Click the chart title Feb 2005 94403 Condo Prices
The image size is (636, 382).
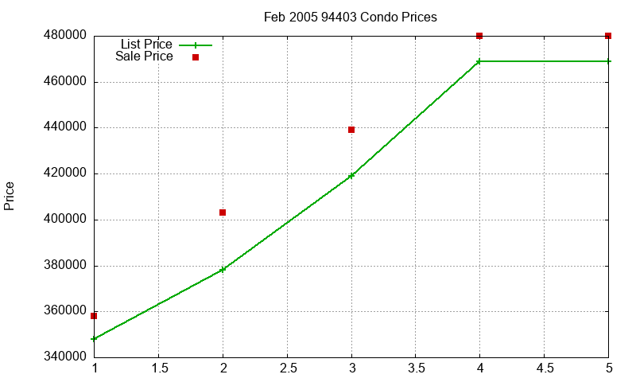click(x=350, y=17)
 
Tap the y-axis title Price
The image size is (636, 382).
click(x=9, y=196)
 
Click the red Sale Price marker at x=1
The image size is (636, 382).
click(x=94, y=316)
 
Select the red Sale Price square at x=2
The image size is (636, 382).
click(x=223, y=212)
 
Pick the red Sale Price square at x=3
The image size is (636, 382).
click(x=351, y=130)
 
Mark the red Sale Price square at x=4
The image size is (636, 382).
click(x=479, y=36)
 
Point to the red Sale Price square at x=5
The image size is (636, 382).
click(x=607, y=36)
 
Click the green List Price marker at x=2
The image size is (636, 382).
click(x=223, y=269)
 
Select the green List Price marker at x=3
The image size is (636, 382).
click(x=351, y=175)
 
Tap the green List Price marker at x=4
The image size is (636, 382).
click(x=479, y=61)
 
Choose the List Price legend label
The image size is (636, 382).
click(x=146, y=44)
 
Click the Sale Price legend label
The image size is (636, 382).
click(x=144, y=56)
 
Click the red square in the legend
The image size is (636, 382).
click(x=196, y=57)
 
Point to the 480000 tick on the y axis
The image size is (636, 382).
click(x=65, y=35)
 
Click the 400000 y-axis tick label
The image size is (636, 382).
click(x=65, y=219)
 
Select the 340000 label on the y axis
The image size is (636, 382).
click(x=65, y=357)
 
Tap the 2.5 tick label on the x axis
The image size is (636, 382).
click(x=287, y=368)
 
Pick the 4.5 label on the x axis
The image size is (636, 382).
click(x=545, y=368)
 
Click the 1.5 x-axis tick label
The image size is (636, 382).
click(x=159, y=368)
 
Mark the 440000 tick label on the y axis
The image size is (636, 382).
click(x=65, y=127)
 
